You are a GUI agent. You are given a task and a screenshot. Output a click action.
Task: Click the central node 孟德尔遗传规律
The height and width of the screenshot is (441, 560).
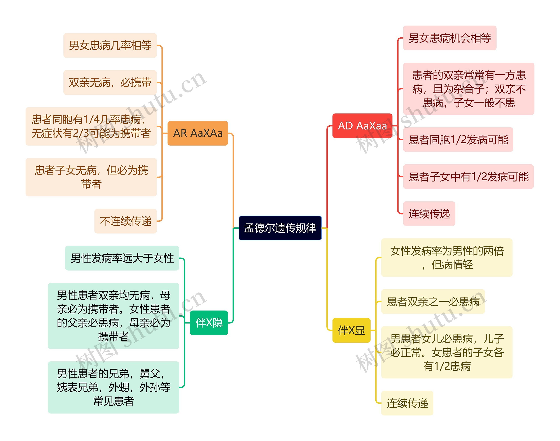[280, 228]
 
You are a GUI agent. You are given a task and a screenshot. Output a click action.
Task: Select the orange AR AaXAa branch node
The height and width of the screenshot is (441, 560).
[198, 133]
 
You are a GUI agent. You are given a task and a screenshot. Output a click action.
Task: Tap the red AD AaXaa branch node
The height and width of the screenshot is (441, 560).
[362, 126]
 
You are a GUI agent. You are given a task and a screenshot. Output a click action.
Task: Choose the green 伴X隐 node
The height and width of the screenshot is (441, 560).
[209, 323]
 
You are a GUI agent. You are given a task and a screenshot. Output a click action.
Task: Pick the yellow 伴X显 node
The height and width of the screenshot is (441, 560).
[351, 331]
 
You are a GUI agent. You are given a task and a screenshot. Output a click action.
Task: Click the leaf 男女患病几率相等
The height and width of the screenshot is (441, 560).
[110, 45]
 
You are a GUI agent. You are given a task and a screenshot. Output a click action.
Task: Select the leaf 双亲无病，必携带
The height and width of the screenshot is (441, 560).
[110, 83]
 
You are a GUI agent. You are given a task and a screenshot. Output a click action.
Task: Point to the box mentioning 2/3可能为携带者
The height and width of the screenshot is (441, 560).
[91, 127]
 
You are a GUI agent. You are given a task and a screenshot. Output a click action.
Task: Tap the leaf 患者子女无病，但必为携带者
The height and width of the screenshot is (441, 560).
[91, 177]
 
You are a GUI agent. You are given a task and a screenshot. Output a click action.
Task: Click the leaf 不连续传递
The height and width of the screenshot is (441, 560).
[126, 221]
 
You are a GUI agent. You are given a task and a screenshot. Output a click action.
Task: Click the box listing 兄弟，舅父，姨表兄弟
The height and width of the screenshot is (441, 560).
[114, 387]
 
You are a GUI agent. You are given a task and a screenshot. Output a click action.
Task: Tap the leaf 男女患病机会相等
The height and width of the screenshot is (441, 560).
[450, 38]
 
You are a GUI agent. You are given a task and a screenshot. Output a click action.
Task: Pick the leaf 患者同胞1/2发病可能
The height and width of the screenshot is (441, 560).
[458, 140]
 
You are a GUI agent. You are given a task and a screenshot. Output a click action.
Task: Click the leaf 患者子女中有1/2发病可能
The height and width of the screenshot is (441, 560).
[468, 177]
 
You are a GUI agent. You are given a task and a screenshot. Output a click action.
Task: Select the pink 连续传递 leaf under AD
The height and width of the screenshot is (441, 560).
[429, 214]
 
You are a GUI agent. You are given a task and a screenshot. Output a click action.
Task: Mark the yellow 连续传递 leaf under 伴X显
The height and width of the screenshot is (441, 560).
[407, 403]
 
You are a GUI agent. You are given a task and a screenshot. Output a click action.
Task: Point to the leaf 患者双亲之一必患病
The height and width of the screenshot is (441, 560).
[433, 302]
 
